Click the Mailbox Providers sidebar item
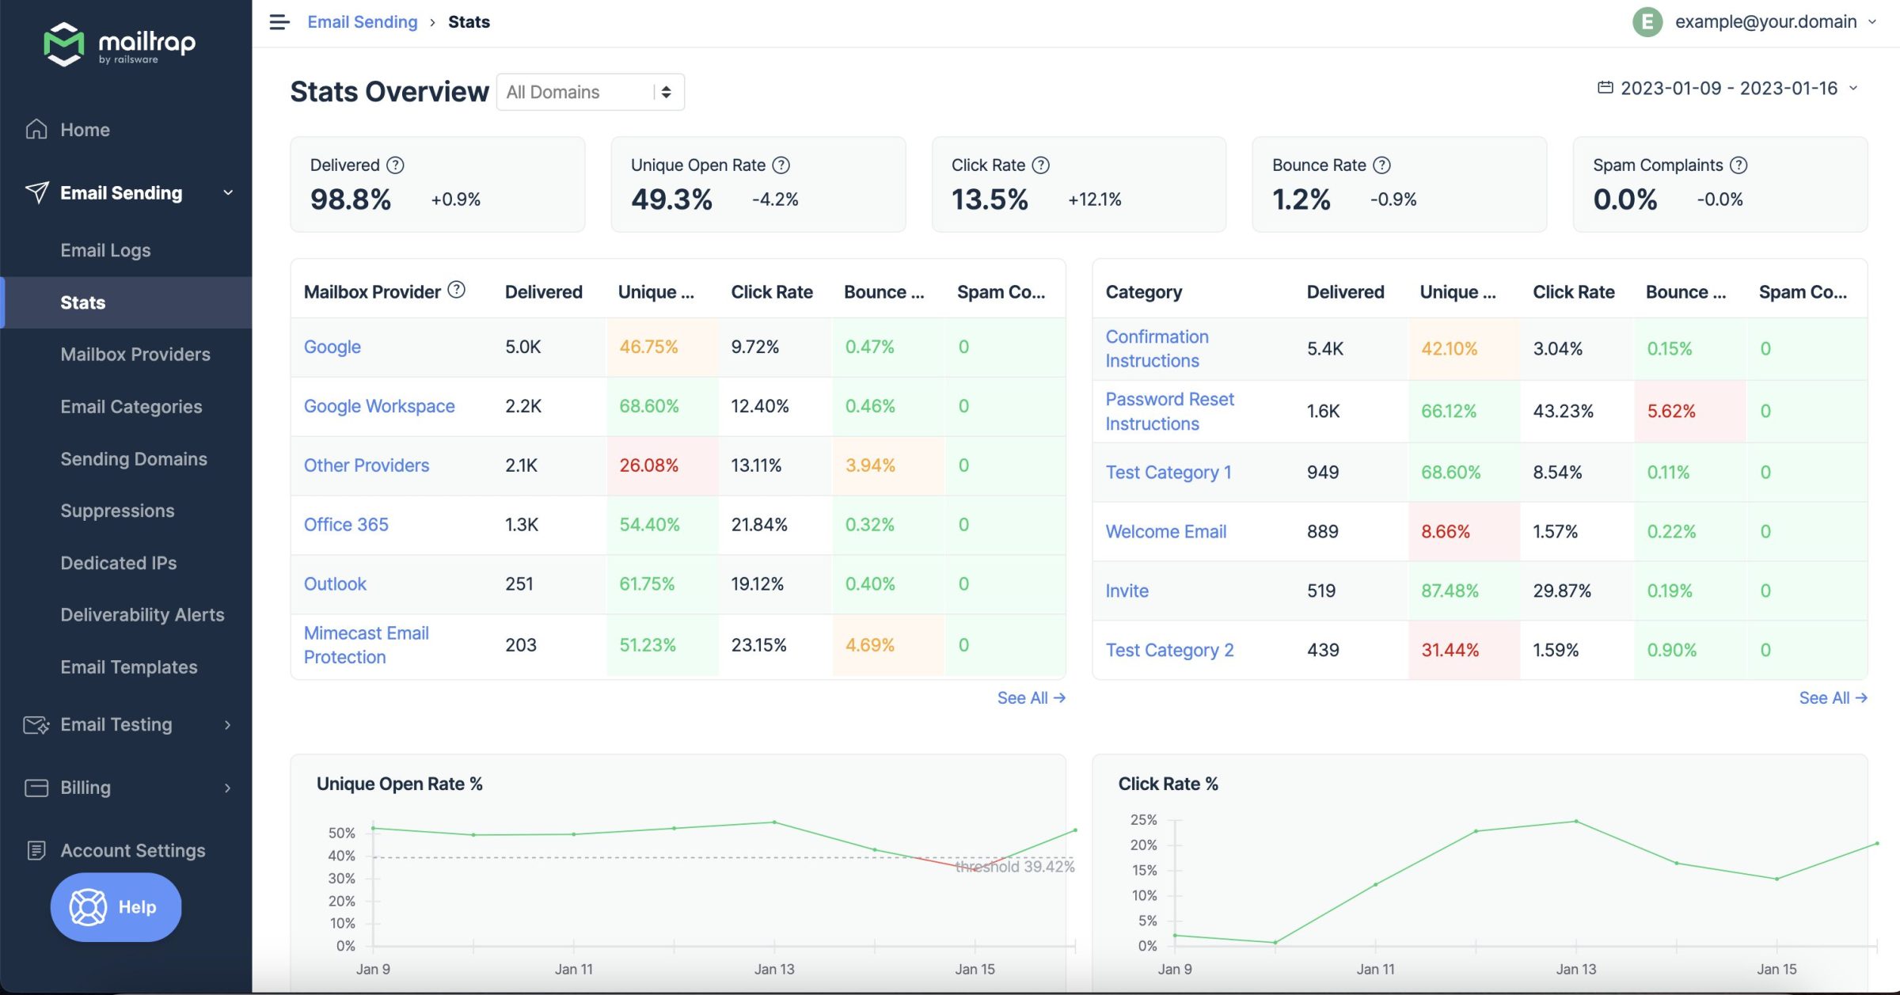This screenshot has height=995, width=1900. point(135,355)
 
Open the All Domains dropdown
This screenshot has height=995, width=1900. point(590,92)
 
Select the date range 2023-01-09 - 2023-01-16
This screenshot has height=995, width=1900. point(1728,88)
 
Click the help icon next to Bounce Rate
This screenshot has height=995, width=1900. point(1381,165)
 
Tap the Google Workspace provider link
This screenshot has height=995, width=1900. point(379,406)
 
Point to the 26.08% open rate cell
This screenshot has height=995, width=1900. point(648,465)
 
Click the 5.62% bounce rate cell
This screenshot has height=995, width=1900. point(1671,412)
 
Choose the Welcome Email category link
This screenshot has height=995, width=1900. point(1165,532)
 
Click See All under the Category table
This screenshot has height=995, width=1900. point(1832,698)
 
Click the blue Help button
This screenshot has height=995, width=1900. point(116,907)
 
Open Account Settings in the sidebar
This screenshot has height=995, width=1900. point(132,851)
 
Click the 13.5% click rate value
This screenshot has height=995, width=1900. point(990,199)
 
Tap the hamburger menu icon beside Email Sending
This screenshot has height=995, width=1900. point(279,22)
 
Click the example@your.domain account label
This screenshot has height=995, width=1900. point(1765,22)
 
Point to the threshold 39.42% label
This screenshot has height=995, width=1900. point(1015,868)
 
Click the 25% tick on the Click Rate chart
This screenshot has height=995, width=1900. point(1143,820)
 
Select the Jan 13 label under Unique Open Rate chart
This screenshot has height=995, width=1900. point(773,970)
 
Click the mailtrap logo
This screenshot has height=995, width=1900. point(120,44)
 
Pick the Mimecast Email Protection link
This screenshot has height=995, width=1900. point(366,645)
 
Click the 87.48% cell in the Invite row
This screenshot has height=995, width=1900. point(1450,591)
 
